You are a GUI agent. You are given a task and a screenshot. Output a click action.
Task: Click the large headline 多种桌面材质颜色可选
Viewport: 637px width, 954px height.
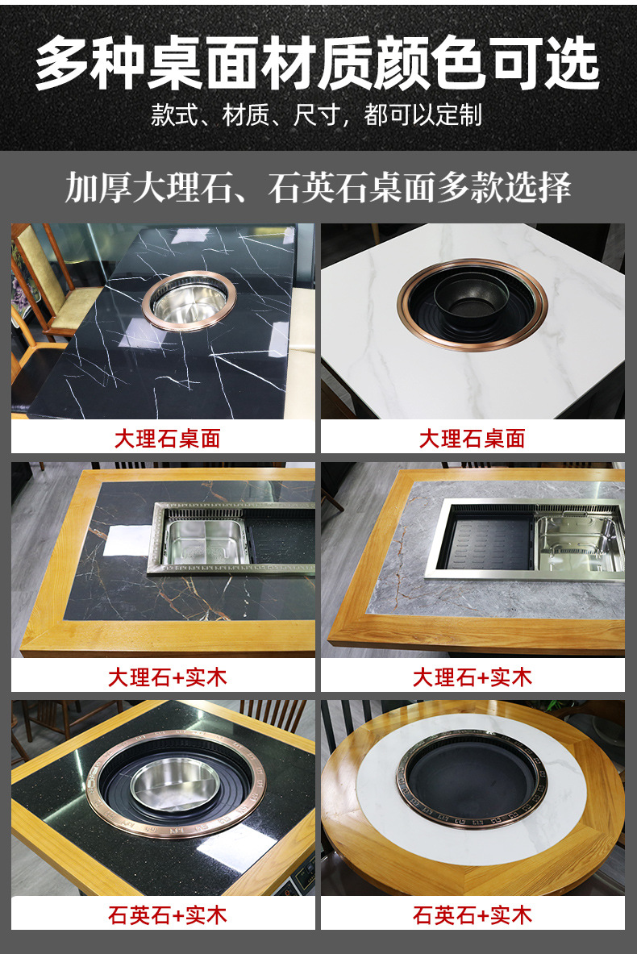tap(318, 64)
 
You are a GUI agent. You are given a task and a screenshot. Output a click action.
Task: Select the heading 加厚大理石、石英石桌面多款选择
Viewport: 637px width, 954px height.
tap(318, 187)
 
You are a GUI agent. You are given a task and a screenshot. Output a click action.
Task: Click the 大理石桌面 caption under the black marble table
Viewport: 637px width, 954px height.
tap(167, 439)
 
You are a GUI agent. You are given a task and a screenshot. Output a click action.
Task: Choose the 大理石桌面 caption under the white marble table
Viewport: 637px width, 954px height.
tap(472, 439)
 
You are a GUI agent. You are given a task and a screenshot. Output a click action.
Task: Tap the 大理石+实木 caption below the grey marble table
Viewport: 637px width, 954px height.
tap(473, 677)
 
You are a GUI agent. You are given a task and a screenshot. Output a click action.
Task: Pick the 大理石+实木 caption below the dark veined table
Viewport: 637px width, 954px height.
tap(168, 677)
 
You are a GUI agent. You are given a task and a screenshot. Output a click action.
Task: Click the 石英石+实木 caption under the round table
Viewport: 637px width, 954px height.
tap(473, 915)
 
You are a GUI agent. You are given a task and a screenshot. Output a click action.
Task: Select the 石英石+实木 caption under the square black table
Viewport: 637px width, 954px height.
tap(168, 915)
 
